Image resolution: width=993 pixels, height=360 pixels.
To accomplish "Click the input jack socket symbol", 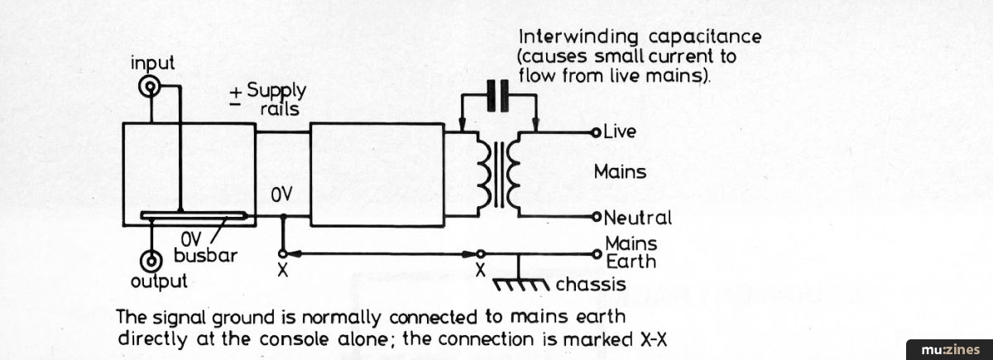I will [x=151, y=85].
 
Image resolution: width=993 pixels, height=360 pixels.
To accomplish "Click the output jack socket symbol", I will [x=151, y=262].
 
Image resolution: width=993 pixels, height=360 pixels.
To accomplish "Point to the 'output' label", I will [x=159, y=281].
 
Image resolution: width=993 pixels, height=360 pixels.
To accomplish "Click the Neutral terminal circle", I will [x=596, y=218].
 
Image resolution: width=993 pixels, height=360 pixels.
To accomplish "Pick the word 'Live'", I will [x=621, y=132].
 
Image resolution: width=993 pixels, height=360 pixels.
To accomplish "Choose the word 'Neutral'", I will [x=637, y=218].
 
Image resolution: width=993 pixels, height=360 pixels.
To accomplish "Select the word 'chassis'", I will [x=591, y=286].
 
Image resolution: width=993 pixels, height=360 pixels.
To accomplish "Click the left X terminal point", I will [x=283, y=252].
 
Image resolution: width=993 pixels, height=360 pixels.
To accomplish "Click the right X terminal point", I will [x=481, y=252].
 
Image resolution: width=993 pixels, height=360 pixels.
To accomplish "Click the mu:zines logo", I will [x=948, y=348].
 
